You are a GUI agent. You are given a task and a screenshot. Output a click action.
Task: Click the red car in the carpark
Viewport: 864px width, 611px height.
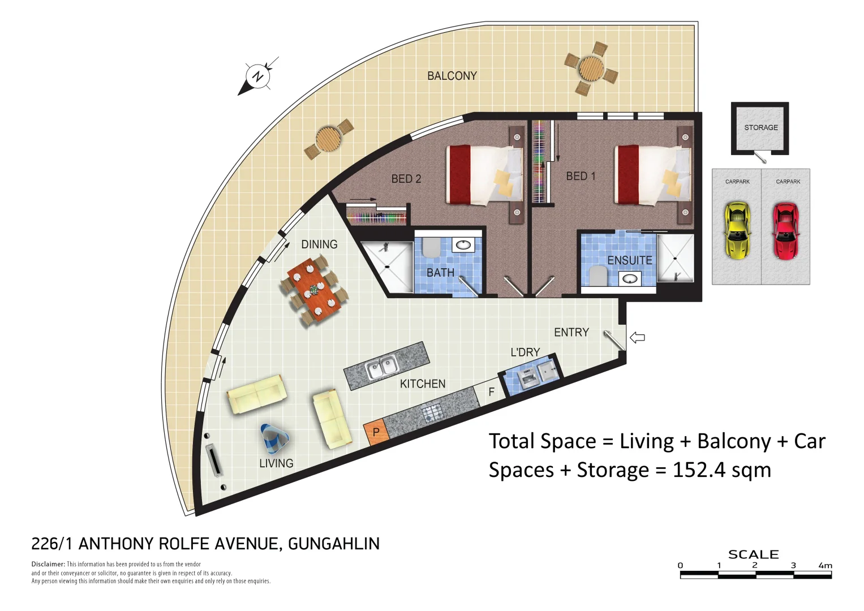tap(786, 231)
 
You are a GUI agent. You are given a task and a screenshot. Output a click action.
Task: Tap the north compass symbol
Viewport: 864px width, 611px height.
tap(258, 76)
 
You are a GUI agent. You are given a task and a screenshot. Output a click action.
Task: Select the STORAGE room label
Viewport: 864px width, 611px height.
tap(760, 128)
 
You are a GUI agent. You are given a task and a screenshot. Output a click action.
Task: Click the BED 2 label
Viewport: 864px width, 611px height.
tap(406, 179)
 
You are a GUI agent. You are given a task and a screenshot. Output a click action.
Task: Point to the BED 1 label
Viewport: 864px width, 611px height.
tap(581, 177)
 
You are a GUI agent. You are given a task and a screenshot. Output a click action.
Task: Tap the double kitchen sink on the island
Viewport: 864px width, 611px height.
tap(381, 368)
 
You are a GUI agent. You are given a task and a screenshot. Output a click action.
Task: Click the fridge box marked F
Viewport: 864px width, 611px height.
tap(491, 391)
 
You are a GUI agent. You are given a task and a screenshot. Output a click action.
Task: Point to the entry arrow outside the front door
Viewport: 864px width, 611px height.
tap(638, 338)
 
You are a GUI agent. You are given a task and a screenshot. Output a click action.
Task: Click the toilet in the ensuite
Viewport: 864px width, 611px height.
tap(598, 276)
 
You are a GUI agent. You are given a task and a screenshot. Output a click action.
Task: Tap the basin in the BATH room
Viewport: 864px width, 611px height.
tap(463, 245)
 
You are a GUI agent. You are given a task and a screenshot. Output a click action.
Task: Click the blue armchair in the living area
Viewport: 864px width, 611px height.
tap(275, 438)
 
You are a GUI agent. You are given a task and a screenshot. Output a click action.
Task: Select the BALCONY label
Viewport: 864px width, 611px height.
tap(452, 76)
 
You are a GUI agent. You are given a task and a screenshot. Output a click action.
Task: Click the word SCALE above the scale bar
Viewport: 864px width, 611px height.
tap(753, 554)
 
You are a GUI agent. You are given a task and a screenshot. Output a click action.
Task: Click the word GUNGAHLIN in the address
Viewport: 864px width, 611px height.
tap(334, 544)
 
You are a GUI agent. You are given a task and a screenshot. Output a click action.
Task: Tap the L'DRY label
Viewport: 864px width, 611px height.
tap(525, 352)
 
